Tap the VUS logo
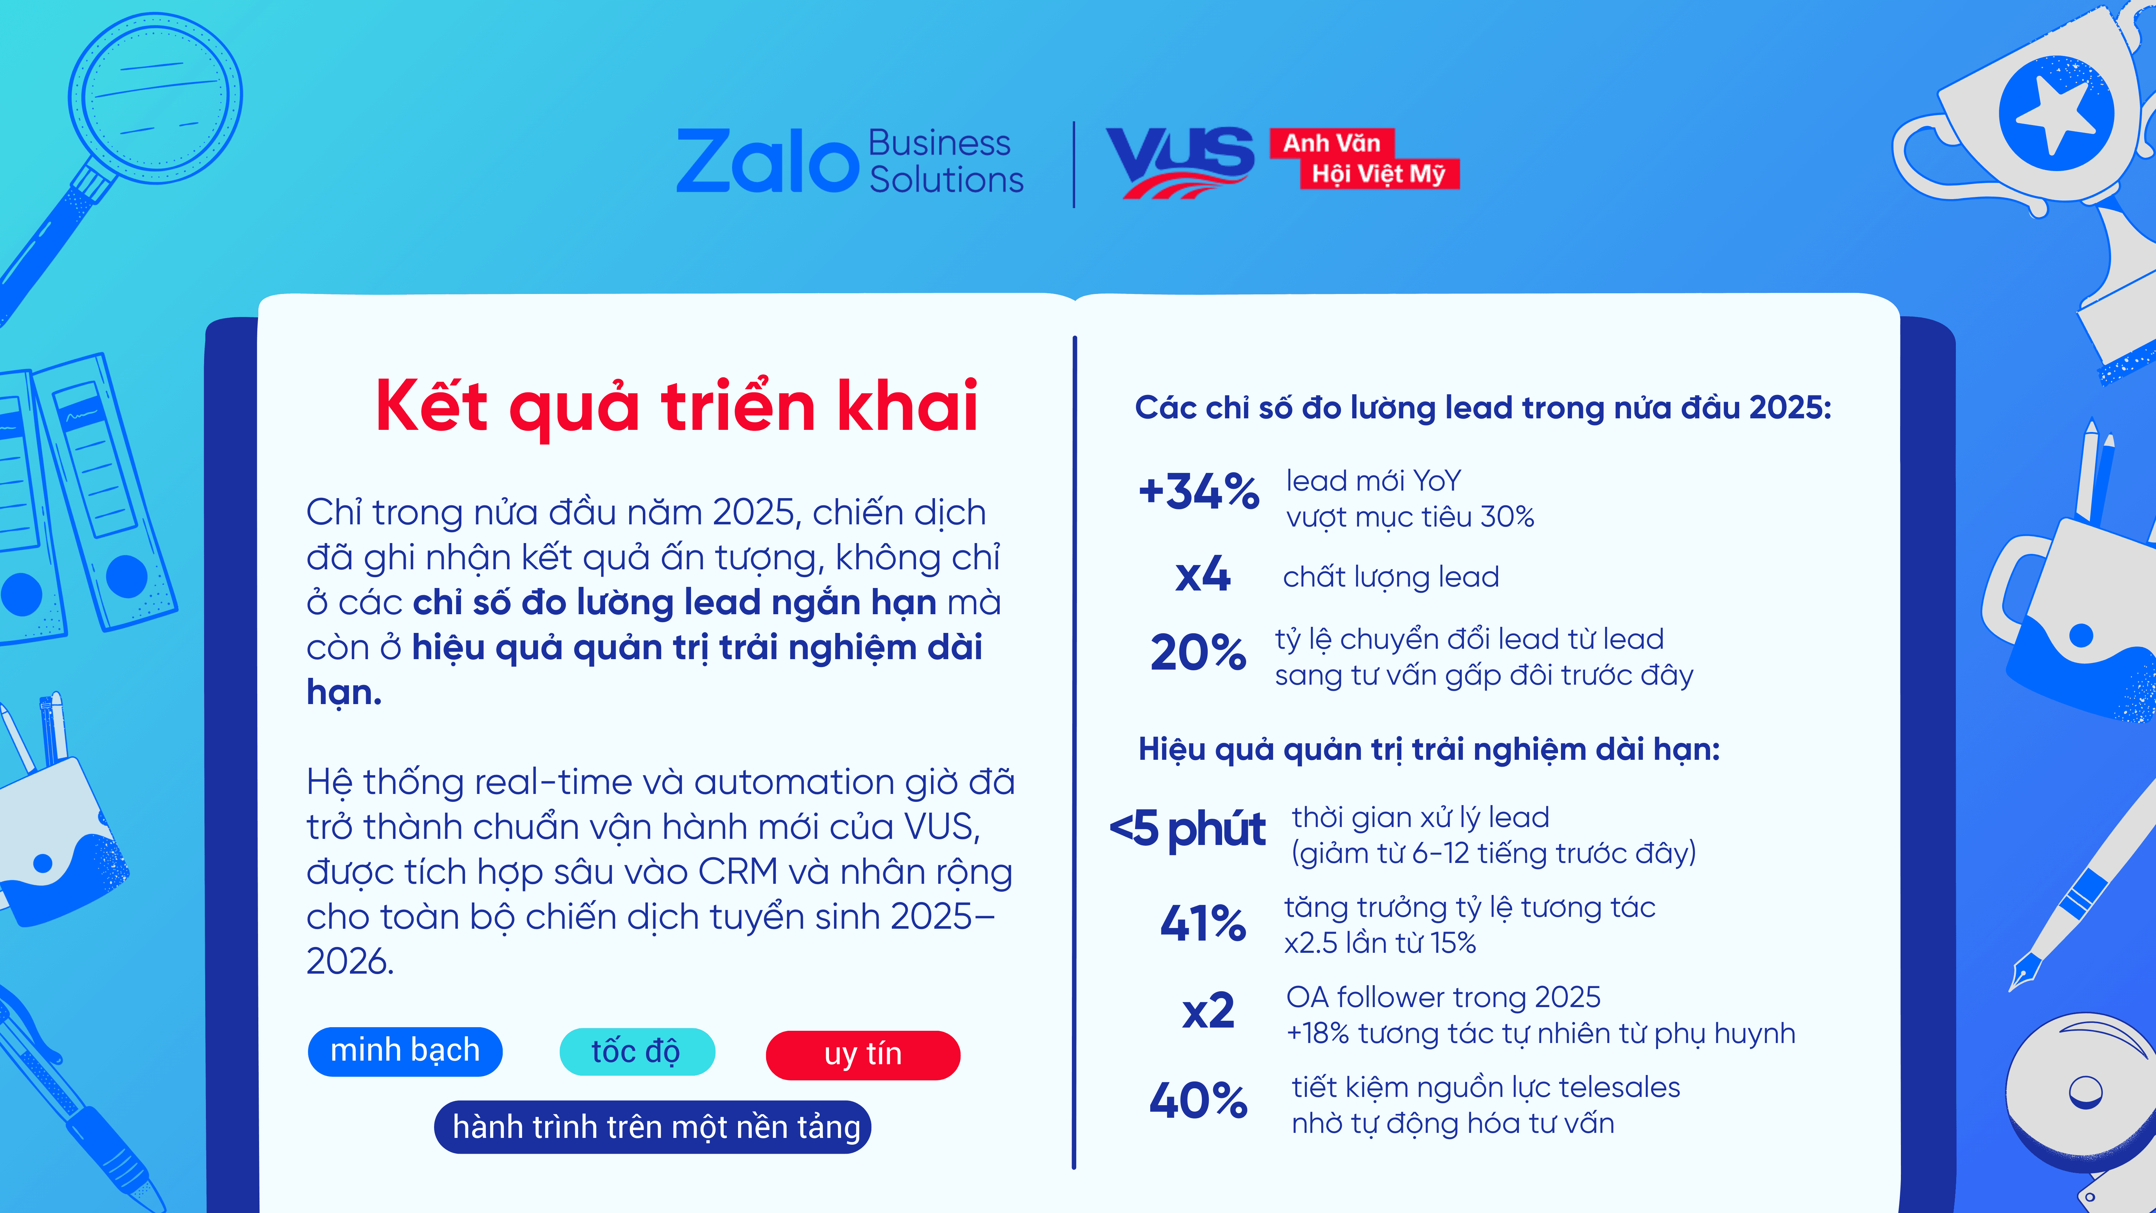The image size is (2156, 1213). click(1180, 162)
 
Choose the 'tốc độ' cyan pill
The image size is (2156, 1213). click(637, 1051)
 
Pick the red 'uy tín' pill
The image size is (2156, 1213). click(863, 1054)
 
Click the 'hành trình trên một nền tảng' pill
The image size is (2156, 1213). click(653, 1127)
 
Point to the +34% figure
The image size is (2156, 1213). click(1198, 491)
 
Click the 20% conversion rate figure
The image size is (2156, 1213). click(1198, 653)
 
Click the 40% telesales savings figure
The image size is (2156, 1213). click(1198, 1101)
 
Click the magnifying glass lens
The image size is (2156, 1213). click(156, 98)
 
